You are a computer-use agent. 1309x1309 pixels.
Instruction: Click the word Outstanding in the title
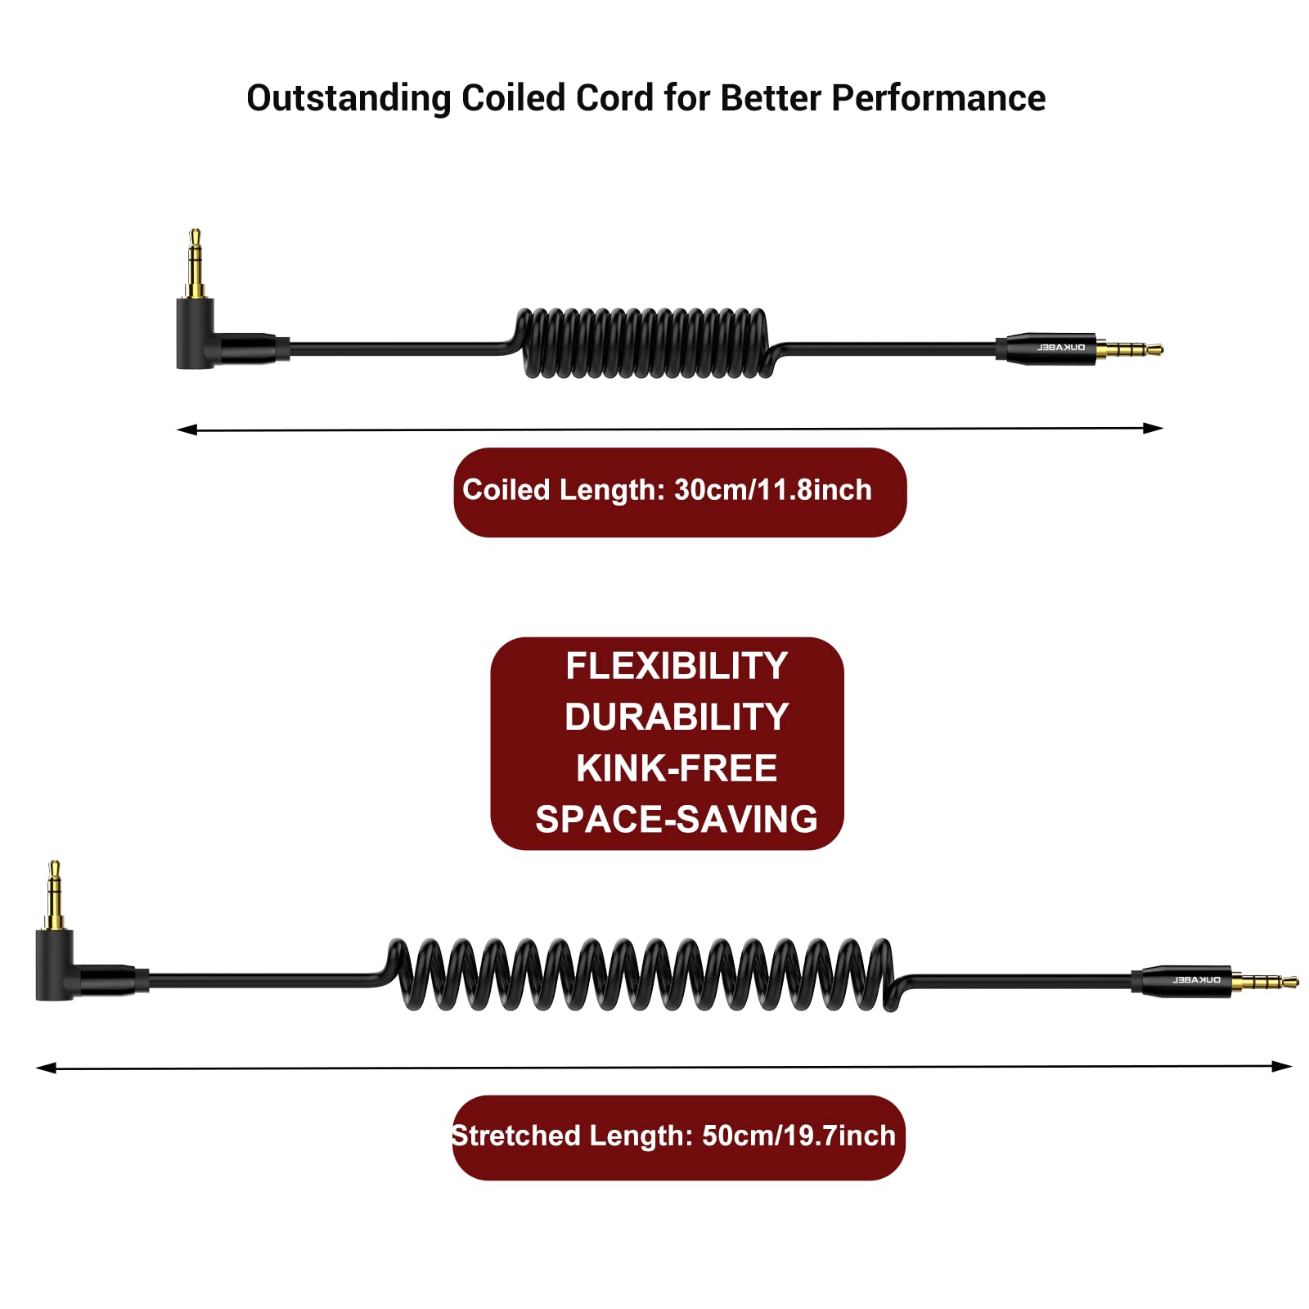coord(349,98)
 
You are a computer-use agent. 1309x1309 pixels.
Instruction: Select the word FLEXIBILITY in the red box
coord(676,666)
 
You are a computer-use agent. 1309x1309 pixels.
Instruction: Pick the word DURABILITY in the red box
coord(676,717)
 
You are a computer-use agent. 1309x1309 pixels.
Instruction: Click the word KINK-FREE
coord(676,768)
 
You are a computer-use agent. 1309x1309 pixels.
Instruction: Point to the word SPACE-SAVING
coord(676,819)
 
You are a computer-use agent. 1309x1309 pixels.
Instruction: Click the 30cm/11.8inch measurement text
coord(772,490)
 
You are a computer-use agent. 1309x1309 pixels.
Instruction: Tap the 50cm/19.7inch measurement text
coord(798,1136)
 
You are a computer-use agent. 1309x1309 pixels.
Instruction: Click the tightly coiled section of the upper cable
coord(645,343)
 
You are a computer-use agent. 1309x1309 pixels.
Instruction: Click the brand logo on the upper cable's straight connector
coord(1061,348)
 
